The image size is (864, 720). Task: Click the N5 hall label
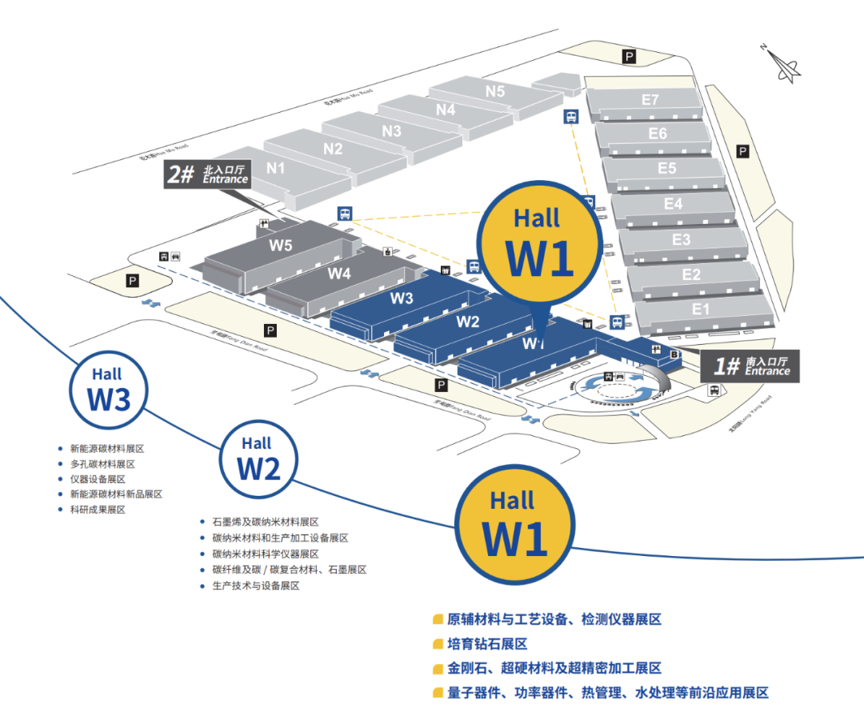click(x=495, y=91)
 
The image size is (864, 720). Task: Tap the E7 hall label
click(x=650, y=100)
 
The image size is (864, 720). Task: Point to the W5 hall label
click(x=280, y=246)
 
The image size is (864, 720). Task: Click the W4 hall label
click(x=339, y=273)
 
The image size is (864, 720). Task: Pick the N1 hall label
click(x=276, y=168)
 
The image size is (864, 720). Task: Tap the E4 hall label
click(x=673, y=204)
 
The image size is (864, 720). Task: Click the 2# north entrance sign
click(x=207, y=174)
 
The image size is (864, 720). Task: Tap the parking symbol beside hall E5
click(x=742, y=151)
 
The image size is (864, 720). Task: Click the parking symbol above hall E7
click(x=630, y=56)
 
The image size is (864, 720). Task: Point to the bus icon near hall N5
click(x=571, y=117)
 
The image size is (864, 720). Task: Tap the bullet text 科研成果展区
click(x=98, y=510)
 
